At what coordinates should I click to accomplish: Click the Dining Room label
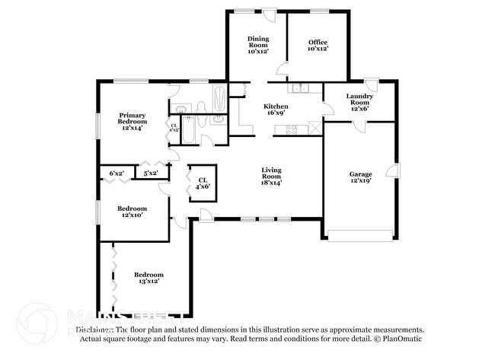coord(257,44)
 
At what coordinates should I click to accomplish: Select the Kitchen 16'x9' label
coord(275,110)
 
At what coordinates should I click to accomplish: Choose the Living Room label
coord(272,176)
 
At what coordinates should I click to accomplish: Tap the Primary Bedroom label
coord(132,122)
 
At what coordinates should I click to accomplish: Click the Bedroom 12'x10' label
coord(132,212)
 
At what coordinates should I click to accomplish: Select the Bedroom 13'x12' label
coord(148,278)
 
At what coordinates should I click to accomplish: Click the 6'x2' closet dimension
coord(117,174)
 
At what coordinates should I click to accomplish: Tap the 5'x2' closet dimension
coord(152,174)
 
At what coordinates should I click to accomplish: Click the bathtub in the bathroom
coord(219,100)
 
